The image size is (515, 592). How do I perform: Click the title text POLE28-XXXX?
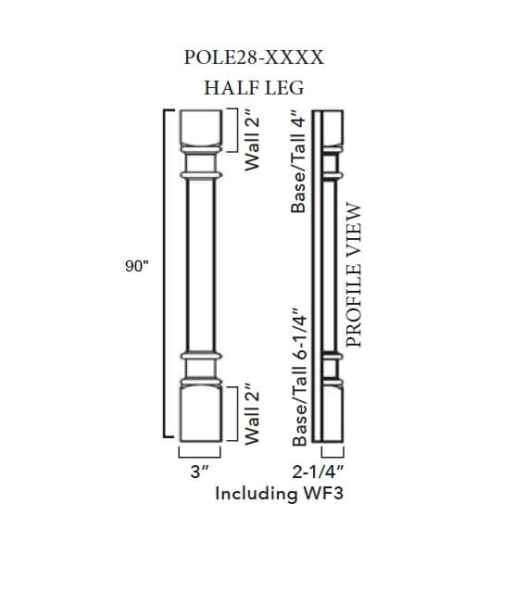pos(254,57)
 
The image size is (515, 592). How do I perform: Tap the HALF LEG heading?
pos(254,88)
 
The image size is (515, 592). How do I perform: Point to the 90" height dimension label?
pos(137,267)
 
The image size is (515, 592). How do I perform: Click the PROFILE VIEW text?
pos(355,276)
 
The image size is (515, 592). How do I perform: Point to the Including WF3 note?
pos(279,493)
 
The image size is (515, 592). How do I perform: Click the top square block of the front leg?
pos(201,127)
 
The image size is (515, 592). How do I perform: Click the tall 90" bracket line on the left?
pos(166,273)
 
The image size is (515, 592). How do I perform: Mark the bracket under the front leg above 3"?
pos(200,453)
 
